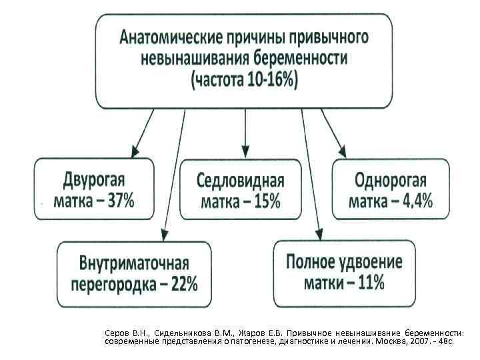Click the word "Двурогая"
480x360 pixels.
94,179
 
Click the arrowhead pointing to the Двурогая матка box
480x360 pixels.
135,151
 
